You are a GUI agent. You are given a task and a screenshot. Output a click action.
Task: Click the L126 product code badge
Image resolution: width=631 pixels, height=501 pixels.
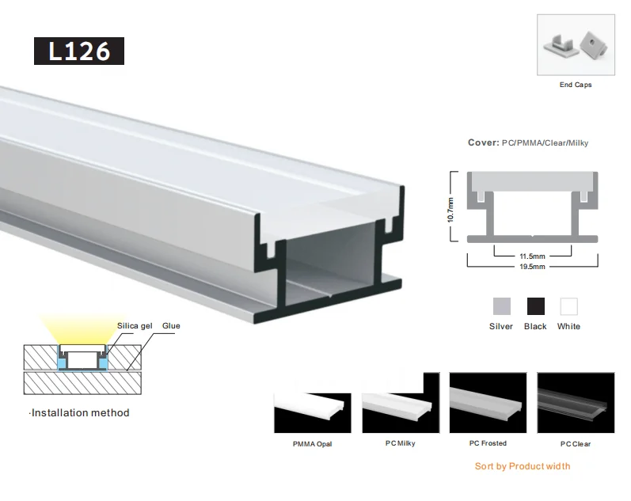pos(78,51)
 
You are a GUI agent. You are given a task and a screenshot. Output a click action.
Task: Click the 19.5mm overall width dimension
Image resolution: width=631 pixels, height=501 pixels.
pos(532,268)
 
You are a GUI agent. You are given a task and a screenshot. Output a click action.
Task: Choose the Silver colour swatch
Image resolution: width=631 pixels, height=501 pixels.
pos(501,306)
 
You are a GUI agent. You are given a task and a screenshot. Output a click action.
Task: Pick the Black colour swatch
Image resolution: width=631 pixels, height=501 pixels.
pos(535,306)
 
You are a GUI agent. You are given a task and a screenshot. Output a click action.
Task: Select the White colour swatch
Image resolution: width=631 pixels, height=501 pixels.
pos(568,306)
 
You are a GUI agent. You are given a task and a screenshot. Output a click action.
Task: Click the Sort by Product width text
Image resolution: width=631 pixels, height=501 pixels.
pos(522,466)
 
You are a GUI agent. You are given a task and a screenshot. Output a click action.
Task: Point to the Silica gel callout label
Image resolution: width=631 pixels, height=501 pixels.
pos(133,326)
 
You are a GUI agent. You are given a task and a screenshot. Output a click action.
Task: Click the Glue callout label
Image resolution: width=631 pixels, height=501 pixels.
pos(172,326)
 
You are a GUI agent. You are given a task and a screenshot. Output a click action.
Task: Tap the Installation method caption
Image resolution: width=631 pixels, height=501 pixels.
pos(78,412)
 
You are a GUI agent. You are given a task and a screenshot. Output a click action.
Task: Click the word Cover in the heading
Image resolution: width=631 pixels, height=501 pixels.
pos(481,143)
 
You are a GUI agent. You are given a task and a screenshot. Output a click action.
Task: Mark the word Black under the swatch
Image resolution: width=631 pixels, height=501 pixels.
pos(535,326)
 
